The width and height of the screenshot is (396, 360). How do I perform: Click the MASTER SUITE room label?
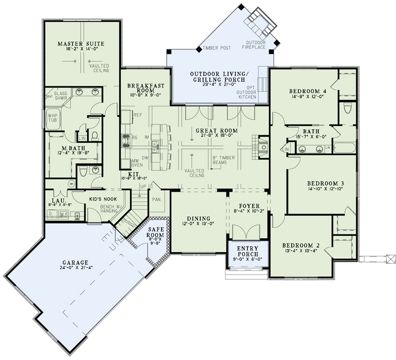pyautogui.click(x=81, y=44)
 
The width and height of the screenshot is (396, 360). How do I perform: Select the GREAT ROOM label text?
pyautogui.click(x=217, y=131)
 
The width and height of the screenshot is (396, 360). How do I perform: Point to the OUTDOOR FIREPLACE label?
pyautogui.click(x=256, y=45)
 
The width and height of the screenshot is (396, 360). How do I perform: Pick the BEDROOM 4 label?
pyautogui.click(x=307, y=91)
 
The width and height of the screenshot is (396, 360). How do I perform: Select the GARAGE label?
pyautogui.click(x=77, y=262)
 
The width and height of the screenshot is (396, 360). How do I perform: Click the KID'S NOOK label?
pyautogui.click(x=102, y=199)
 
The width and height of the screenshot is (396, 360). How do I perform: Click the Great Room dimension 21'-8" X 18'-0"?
pyautogui.click(x=217, y=137)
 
